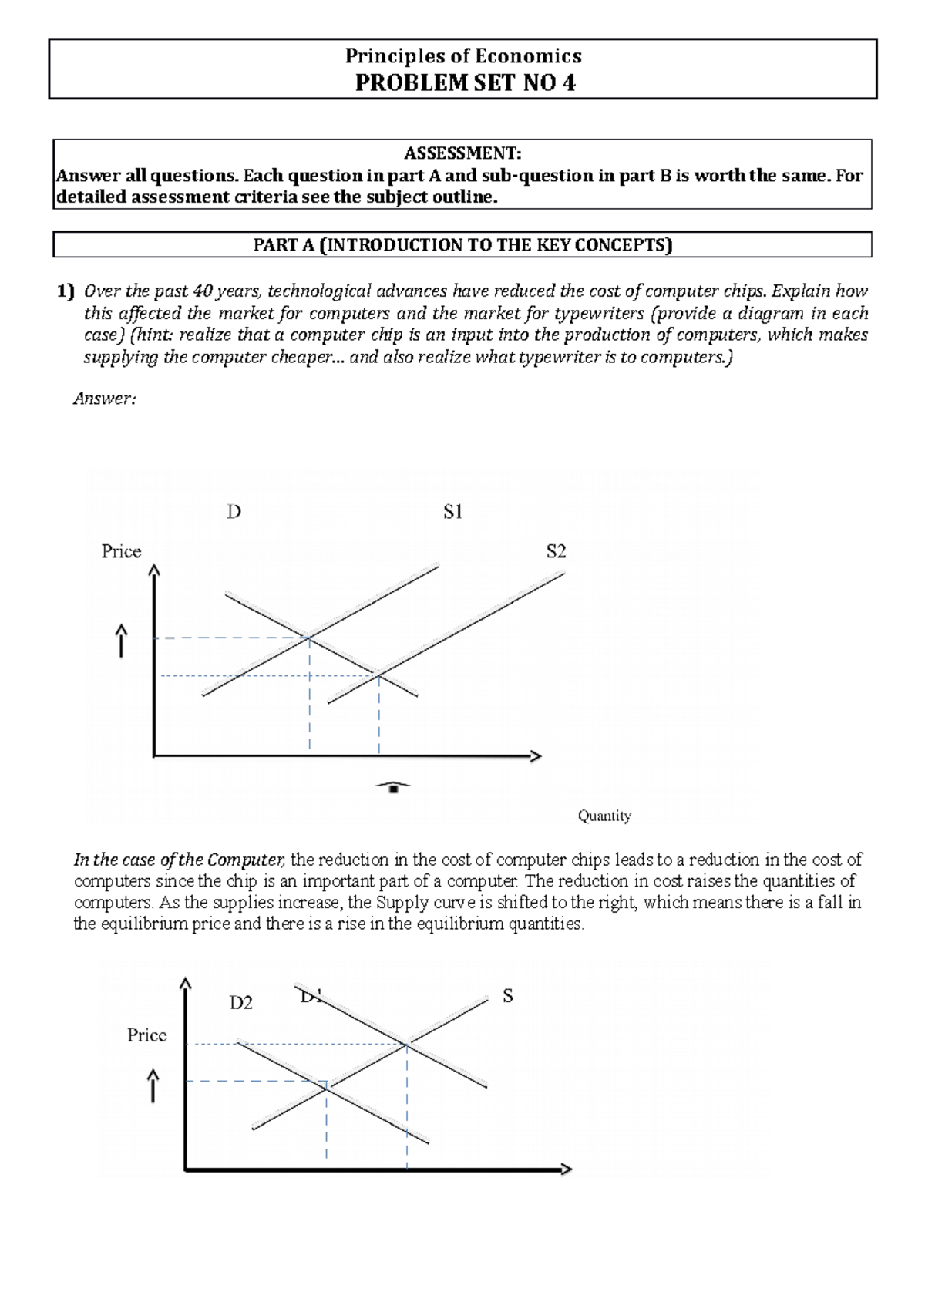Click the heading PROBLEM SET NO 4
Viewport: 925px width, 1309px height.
point(464,82)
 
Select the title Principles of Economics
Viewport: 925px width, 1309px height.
point(463,56)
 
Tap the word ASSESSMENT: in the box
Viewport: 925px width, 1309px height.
point(462,153)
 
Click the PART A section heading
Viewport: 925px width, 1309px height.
point(462,245)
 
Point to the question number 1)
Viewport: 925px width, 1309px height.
point(66,291)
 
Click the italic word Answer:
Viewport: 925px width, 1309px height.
point(104,399)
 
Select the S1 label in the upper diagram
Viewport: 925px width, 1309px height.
point(452,512)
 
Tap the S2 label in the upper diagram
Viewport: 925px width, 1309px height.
point(556,551)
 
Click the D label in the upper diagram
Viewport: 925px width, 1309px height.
point(234,512)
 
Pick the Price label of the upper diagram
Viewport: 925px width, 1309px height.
point(121,551)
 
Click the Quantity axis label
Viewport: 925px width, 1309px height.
point(604,816)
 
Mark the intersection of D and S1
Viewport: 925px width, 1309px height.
point(309,638)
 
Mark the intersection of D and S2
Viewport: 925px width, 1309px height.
point(379,675)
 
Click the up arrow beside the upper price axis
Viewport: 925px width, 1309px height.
point(121,641)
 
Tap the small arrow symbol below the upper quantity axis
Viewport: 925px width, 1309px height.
point(393,786)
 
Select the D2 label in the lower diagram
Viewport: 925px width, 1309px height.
point(241,1003)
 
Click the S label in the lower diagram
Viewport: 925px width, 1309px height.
point(507,996)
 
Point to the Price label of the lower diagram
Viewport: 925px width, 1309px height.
point(146,1035)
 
